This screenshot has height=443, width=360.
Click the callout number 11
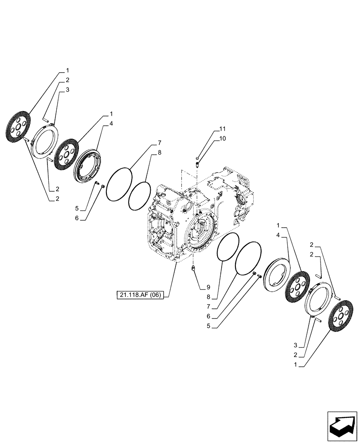(x=222, y=129)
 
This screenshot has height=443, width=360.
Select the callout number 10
(x=222, y=139)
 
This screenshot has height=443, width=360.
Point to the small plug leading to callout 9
(x=193, y=268)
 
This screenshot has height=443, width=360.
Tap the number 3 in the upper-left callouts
(x=67, y=90)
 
